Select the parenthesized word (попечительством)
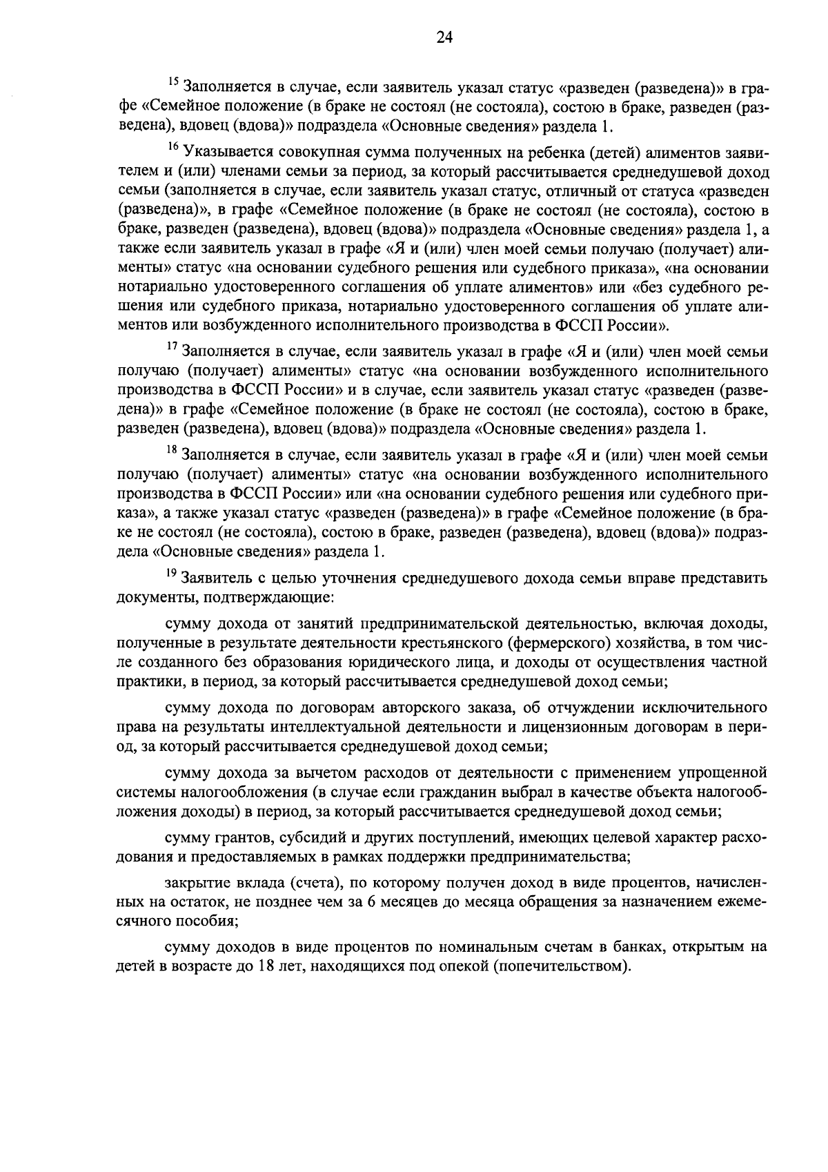pyautogui.click(x=561, y=966)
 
